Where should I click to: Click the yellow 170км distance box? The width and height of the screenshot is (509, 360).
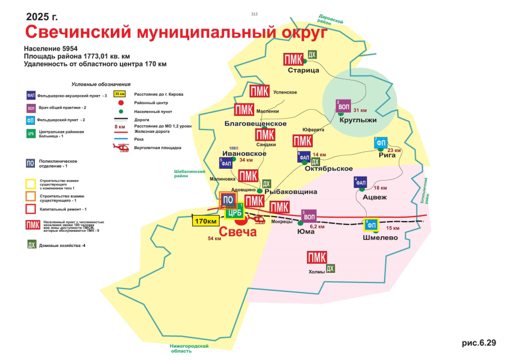[205, 220]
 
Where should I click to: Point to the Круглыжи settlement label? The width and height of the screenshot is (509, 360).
[358, 120]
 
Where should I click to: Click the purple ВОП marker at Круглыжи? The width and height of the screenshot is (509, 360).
[344, 106]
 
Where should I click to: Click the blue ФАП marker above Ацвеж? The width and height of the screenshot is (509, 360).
[361, 183]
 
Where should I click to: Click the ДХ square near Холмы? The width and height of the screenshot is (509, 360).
[331, 268]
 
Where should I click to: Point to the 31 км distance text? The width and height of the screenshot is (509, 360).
[359, 110]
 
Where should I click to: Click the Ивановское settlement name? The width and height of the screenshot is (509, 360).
[244, 153]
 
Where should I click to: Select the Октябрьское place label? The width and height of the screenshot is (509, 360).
[328, 169]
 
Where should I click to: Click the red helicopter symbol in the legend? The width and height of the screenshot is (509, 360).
[121, 147]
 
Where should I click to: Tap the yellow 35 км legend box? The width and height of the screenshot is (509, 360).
[119, 94]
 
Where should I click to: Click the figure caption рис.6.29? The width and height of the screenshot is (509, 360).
[480, 343]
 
